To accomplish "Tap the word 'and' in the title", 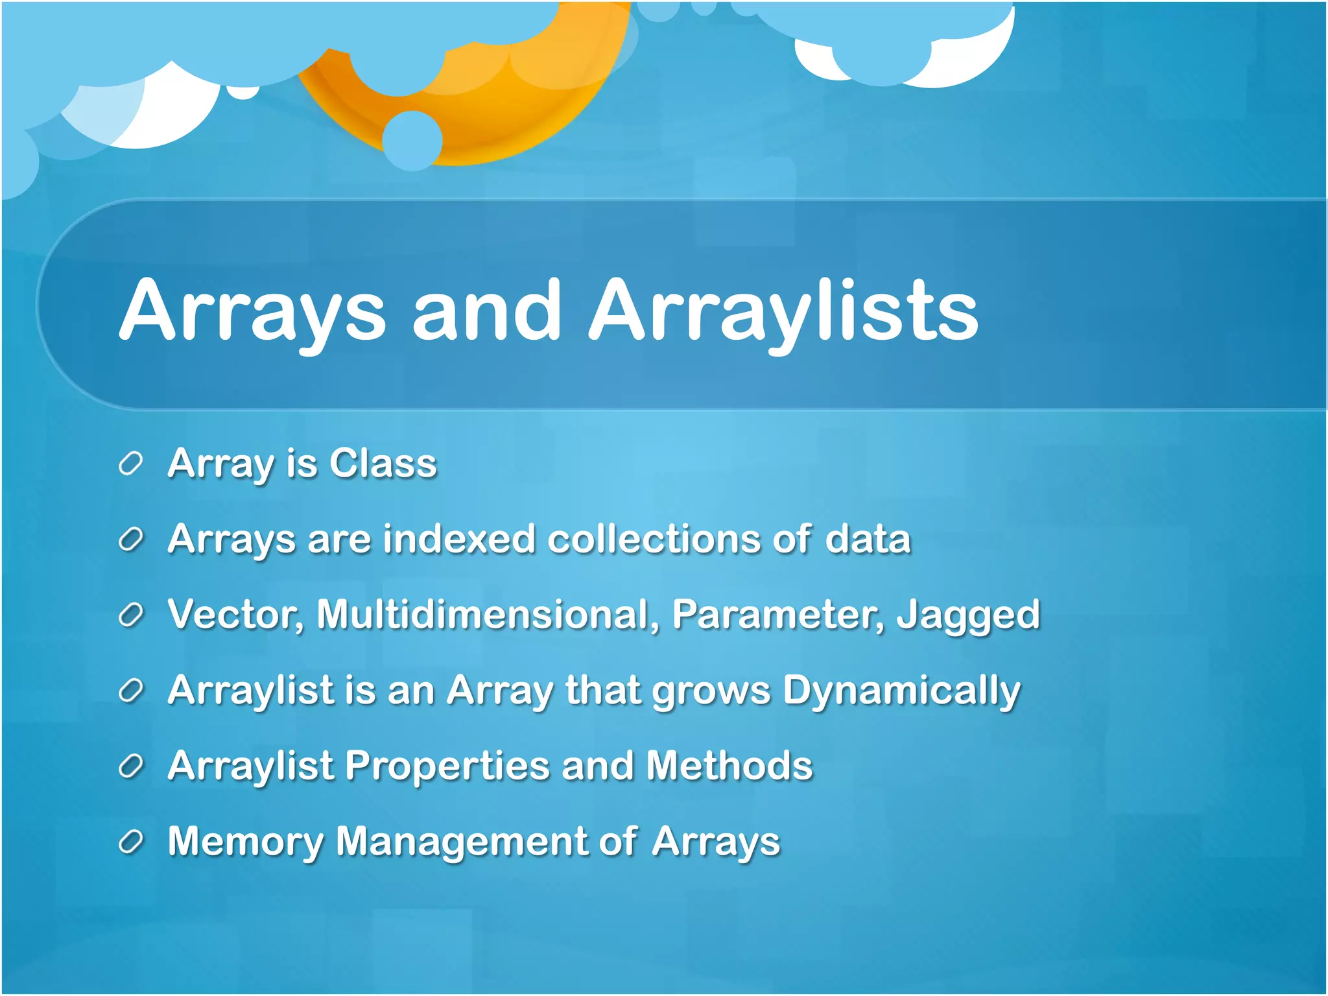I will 486,310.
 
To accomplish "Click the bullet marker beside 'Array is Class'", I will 130,464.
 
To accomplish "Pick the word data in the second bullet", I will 868,539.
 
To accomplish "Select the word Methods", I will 729,766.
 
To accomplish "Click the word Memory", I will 245,842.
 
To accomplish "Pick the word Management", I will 461,842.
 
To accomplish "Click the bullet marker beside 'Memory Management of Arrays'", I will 130,842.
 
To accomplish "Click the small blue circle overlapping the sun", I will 412,140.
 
